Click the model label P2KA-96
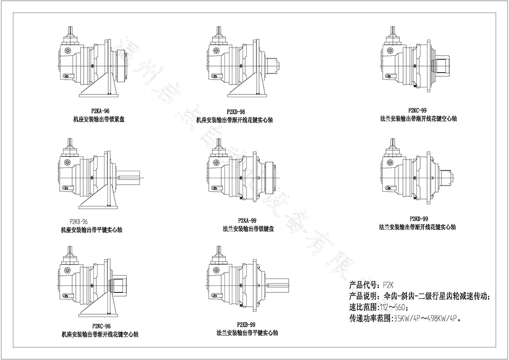point(100,111)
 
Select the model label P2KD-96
point(236,112)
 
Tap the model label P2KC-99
point(417,111)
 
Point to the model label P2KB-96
point(78,221)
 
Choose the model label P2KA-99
point(248,220)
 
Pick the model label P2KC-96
point(101,326)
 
